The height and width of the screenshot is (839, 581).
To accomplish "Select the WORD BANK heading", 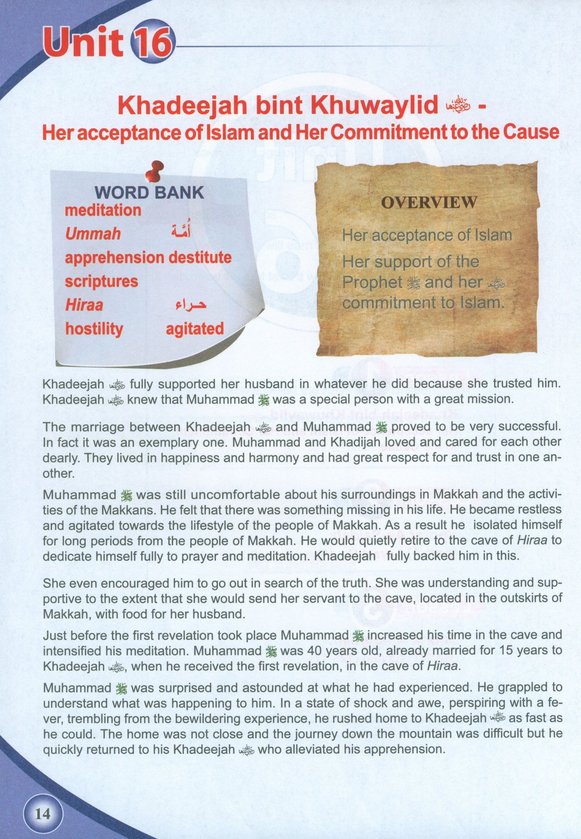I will [x=149, y=193].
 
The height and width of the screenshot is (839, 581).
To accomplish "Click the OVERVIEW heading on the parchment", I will [x=429, y=203].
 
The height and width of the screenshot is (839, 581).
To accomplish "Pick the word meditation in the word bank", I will [x=103, y=210].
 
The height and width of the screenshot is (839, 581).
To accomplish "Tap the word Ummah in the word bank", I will [x=93, y=234].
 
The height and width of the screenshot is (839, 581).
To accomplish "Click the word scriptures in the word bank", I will [x=101, y=281].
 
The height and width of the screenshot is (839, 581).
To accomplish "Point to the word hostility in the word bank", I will [x=94, y=328].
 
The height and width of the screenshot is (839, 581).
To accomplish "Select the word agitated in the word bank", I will [x=195, y=328].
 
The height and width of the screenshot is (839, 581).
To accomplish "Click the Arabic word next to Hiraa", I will [x=190, y=305].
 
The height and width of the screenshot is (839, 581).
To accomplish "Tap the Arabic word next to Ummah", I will [x=181, y=231].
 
